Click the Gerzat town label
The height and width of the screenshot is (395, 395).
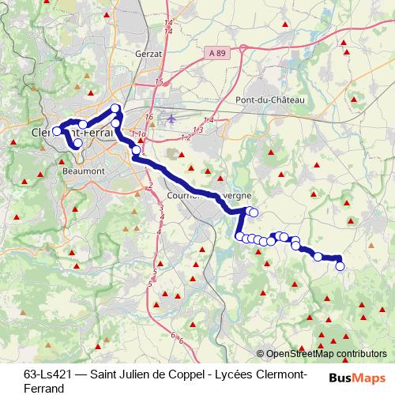click(149, 53)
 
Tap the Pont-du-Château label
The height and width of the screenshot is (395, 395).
click(270, 100)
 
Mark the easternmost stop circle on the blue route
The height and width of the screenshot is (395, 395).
click(340, 266)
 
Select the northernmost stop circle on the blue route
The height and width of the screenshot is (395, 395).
click(115, 108)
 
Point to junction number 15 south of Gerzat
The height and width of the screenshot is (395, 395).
click(159, 82)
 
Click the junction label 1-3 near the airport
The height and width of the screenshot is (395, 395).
click(197, 130)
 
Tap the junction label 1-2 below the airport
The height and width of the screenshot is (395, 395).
click(186, 137)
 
